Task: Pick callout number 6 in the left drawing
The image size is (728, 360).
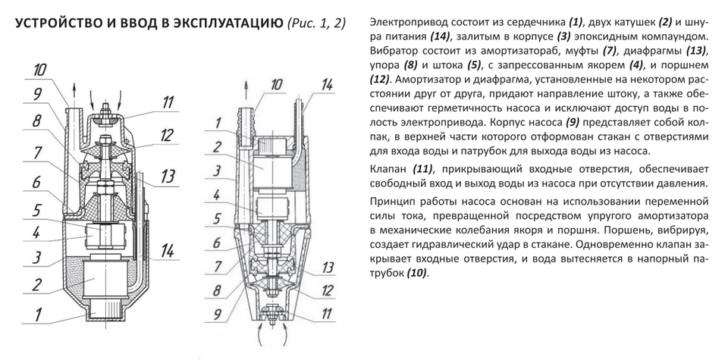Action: coord(35,183)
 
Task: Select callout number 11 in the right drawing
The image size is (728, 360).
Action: coord(328,311)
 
